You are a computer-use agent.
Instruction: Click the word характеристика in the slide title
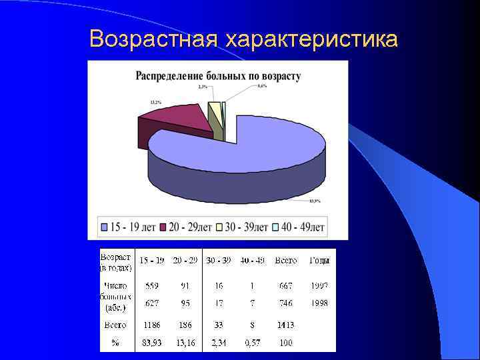tap(312, 40)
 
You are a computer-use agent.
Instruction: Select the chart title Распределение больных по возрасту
tap(218, 76)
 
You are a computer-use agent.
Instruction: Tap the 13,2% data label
tap(155, 102)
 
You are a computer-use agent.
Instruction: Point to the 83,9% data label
tap(315, 201)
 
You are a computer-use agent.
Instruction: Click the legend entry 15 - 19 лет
tap(128, 227)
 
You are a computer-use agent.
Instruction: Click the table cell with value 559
tap(152, 285)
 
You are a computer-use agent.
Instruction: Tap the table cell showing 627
tap(152, 303)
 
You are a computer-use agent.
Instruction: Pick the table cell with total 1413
tap(285, 325)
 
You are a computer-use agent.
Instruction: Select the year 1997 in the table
tap(319, 285)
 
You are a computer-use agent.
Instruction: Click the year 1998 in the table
tap(319, 303)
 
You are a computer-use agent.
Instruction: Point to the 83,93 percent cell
tap(152, 343)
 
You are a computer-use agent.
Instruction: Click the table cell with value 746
tap(285, 303)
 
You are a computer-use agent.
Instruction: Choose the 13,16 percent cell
tap(185, 343)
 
